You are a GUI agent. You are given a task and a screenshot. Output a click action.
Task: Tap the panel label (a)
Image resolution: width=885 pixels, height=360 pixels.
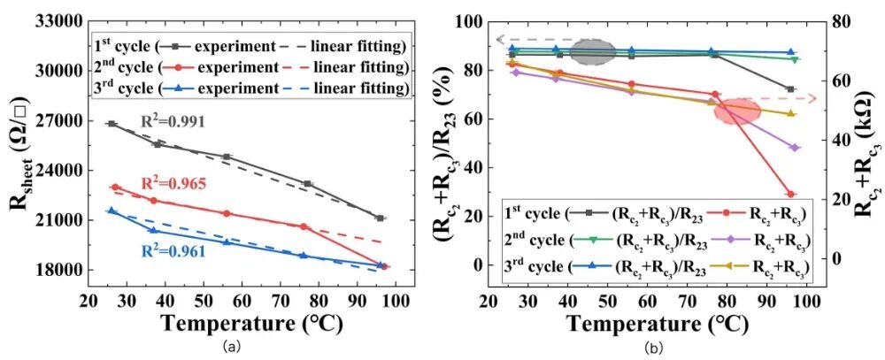point(231,348)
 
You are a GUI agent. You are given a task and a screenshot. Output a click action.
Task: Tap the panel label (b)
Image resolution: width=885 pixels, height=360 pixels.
point(652,348)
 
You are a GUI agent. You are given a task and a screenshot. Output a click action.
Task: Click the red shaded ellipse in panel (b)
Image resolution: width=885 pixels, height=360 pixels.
point(737,111)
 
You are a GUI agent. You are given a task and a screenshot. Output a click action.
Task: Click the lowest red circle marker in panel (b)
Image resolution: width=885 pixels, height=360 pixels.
point(790,195)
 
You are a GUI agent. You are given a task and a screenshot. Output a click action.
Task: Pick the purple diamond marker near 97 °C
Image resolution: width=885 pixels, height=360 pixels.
point(794,148)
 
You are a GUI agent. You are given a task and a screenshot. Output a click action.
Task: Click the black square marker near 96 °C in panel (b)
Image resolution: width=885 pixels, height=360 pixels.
point(790,89)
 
